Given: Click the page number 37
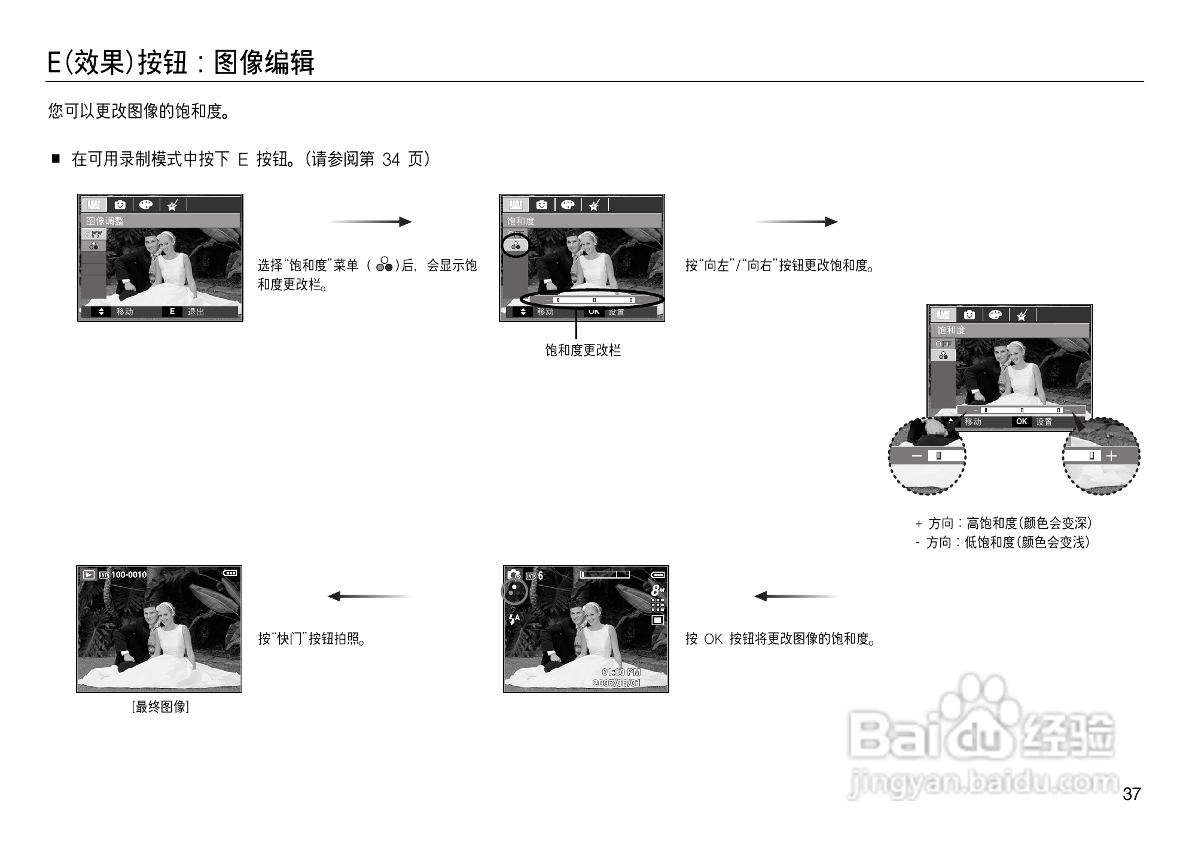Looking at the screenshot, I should [1132, 794].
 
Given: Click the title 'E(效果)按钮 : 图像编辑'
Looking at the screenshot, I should [181, 62].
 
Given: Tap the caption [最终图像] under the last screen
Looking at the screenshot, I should [160, 707].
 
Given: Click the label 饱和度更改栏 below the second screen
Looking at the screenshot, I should [583, 351].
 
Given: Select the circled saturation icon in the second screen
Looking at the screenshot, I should [516, 245].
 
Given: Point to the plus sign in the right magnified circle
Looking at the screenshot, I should [1111, 456].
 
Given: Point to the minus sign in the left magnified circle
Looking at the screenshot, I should [917, 456].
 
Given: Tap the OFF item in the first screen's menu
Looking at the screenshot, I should [94, 234].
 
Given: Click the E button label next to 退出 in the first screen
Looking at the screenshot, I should [172, 312].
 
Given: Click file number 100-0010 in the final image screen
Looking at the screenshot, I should [129, 574].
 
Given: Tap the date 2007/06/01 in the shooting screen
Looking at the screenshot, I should [616, 683].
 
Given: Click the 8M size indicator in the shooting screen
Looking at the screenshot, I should [657, 590].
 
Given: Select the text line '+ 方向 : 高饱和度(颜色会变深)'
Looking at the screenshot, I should [1003, 524].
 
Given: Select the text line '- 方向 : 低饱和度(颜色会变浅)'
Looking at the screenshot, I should [1002, 543].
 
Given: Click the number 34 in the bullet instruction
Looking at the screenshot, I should [391, 160].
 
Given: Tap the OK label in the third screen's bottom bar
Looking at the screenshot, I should [1022, 422].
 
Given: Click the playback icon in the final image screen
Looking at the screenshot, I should [89, 574].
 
